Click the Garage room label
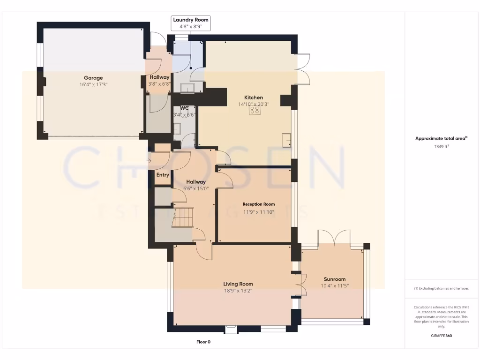click(x=93, y=78)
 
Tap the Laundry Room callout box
click(x=190, y=23)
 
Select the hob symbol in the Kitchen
click(x=255, y=111)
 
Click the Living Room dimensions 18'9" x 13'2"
click(x=238, y=291)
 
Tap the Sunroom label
click(x=334, y=279)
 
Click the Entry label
click(x=163, y=175)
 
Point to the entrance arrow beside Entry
click(x=149, y=161)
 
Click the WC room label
click(x=184, y=108)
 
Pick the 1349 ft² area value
click(x=441, y=146)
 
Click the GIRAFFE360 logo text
click(x=441, y=336)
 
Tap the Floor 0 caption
click(x=203, y=342)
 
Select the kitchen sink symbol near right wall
click(x=286, y=139)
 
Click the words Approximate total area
click(x=440, y=138)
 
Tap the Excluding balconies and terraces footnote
click(x=441, y=288)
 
